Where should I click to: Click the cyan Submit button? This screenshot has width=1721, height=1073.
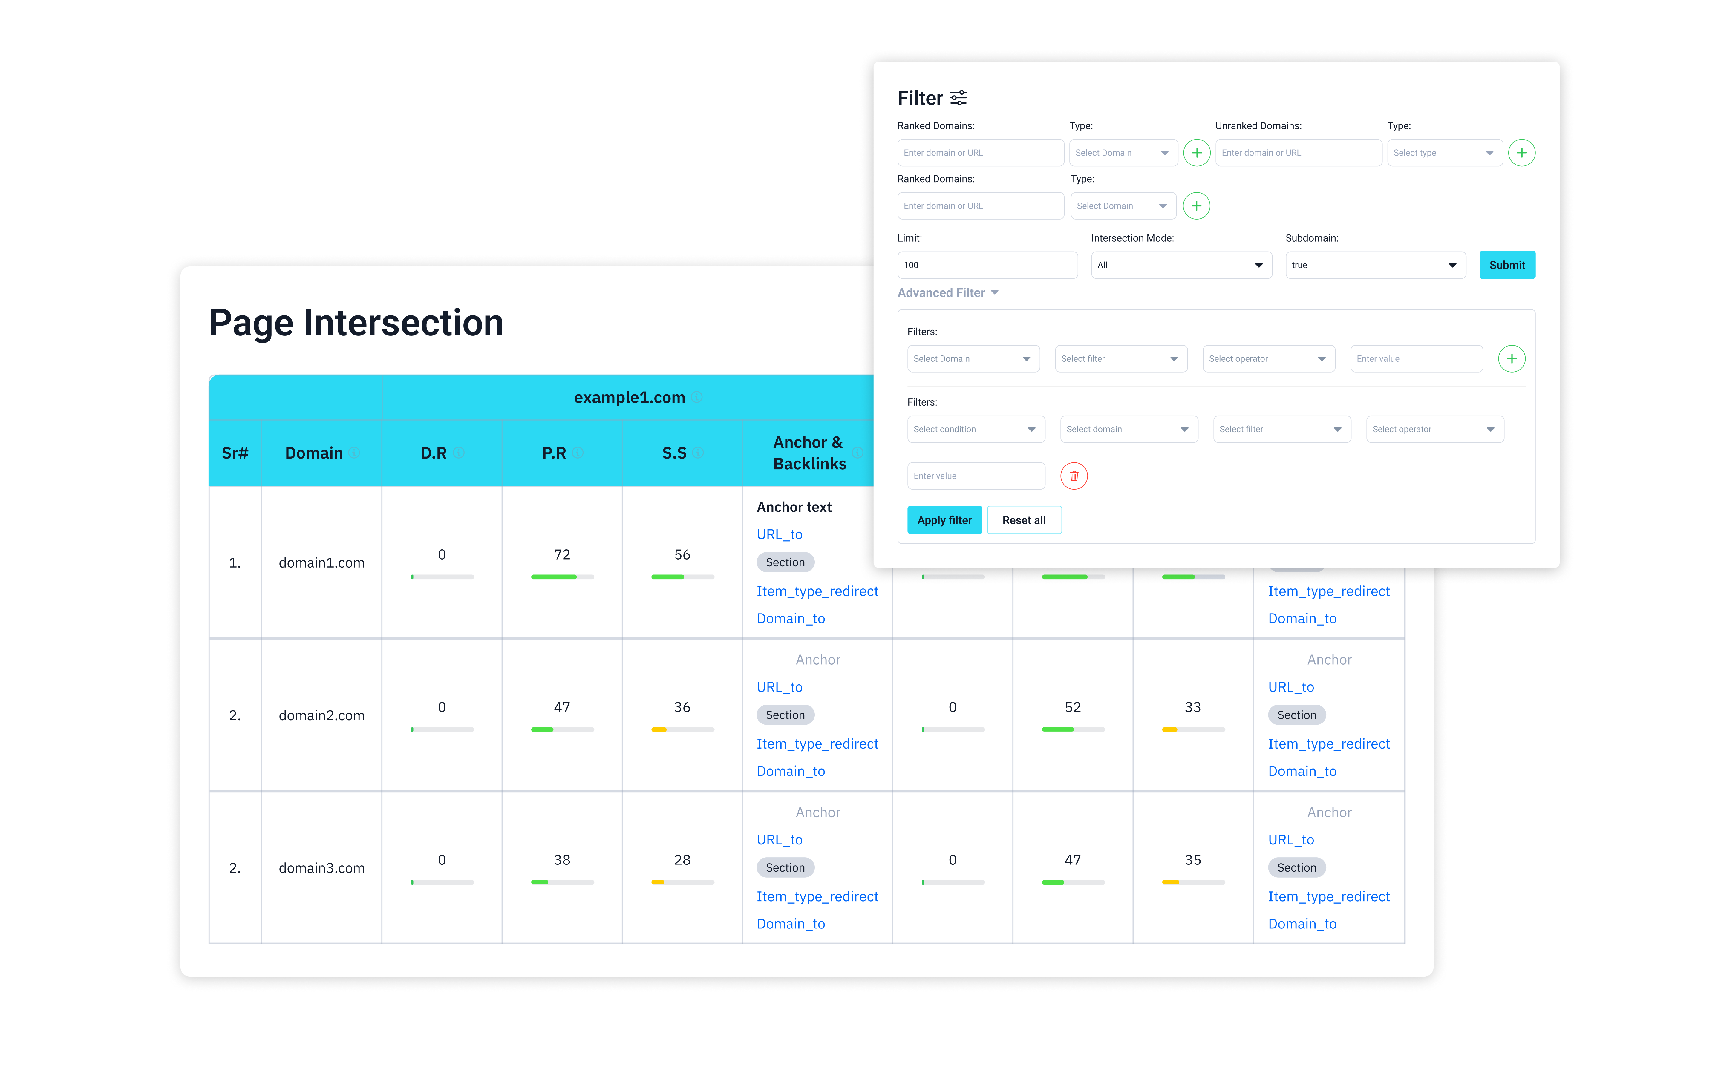(1507, 265)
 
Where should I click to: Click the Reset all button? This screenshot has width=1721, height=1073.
(1023, 520)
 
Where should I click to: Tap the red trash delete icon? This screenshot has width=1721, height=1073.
(1074, 476)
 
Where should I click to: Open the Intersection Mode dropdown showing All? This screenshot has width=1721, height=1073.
(1181, 265)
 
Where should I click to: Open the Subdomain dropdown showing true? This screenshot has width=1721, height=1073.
(1375, 265)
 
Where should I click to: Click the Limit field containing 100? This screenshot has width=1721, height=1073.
(987, 265)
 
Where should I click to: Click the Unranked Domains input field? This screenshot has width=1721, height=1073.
(1298, 153)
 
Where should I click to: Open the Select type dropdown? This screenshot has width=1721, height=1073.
(1444, 153)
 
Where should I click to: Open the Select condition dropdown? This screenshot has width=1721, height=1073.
(975, 429)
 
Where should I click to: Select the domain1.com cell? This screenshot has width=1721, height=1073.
(321, 563)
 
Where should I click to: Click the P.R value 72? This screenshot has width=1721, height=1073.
(561, 554)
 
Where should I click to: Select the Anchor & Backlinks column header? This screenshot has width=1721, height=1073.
(809, 453)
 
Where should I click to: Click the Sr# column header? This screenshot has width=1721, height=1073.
(235, 453)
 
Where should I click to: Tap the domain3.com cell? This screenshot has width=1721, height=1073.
(321, 868)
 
